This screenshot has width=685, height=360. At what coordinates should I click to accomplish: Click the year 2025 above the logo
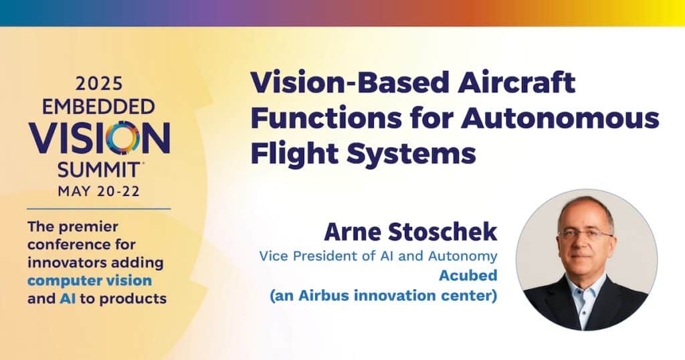coord(99,84)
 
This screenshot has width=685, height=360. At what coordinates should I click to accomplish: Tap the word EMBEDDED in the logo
coord(99,106)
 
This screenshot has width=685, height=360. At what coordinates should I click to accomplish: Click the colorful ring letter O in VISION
coord(122,138)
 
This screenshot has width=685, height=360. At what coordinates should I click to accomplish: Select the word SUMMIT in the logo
coord(99,170)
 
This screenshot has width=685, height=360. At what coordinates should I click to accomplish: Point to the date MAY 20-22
coord(99,191)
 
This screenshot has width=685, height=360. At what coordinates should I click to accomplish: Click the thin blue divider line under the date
coord(99,209)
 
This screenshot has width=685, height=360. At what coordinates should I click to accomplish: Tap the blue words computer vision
coord(90,280)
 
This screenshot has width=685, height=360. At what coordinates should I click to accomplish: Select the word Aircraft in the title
coord(516,82)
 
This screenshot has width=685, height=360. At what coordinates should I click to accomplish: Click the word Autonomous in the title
coord(560,118)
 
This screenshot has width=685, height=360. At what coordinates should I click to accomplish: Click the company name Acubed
coord(468,276)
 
